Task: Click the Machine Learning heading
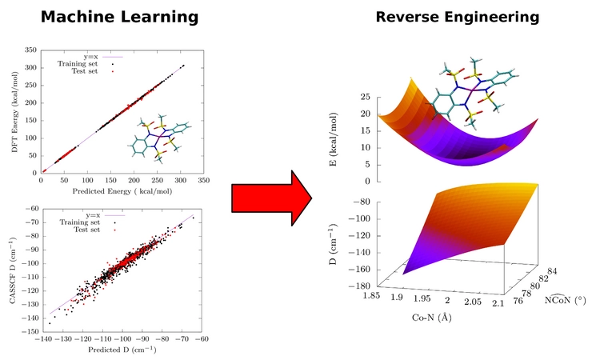[120, 17]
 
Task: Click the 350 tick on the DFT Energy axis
[30, 50]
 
